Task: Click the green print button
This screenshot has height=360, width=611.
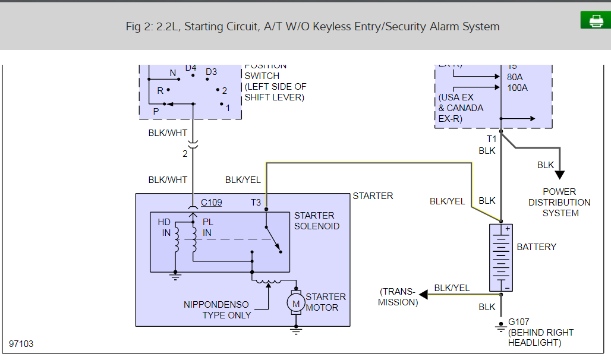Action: coord(596,20)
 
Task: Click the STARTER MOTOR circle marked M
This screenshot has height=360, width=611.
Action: coord(295,303)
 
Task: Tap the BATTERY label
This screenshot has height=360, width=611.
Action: coord(536,247)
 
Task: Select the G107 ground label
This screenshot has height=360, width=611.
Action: coord(518,322)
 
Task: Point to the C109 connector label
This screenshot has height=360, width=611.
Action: coord(211,203)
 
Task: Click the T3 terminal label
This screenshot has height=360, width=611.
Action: coord(256,203)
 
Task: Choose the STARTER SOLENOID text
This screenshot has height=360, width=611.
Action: coord(317,221)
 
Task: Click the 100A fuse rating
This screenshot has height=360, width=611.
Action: coord(517,88)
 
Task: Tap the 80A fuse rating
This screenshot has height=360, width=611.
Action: coord(515,77)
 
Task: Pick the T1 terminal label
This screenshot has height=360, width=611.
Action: coord(492,139)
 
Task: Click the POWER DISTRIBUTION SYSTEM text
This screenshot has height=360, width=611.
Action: coord(559,203)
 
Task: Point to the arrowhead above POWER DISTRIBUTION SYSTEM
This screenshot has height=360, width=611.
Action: coord(559,175)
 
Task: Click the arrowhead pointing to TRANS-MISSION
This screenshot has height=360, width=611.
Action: coord(424,294)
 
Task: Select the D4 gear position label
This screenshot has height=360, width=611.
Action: coord(190,68)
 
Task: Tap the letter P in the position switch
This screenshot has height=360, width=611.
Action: coord(156,111)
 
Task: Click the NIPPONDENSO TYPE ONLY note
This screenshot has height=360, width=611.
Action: coord(217,310)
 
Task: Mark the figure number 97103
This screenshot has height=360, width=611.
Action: coord(21,344)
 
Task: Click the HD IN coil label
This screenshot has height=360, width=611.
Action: coord(165,228)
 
